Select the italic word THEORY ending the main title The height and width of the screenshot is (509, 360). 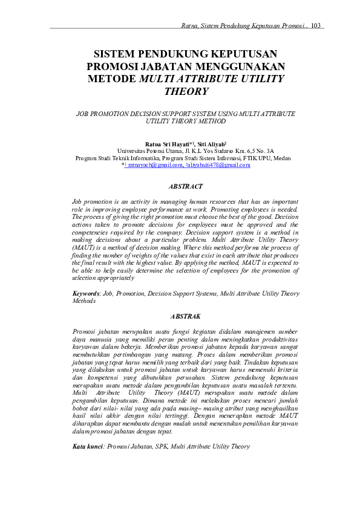click(186, 92)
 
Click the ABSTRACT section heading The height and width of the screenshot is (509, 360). click(186, 187)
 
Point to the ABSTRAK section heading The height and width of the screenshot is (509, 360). click(186, 316)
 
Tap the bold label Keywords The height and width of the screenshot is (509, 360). click(86, 293)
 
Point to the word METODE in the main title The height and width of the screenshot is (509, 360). click(112, 79)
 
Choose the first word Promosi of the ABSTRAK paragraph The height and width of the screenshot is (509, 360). click(84, 331)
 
